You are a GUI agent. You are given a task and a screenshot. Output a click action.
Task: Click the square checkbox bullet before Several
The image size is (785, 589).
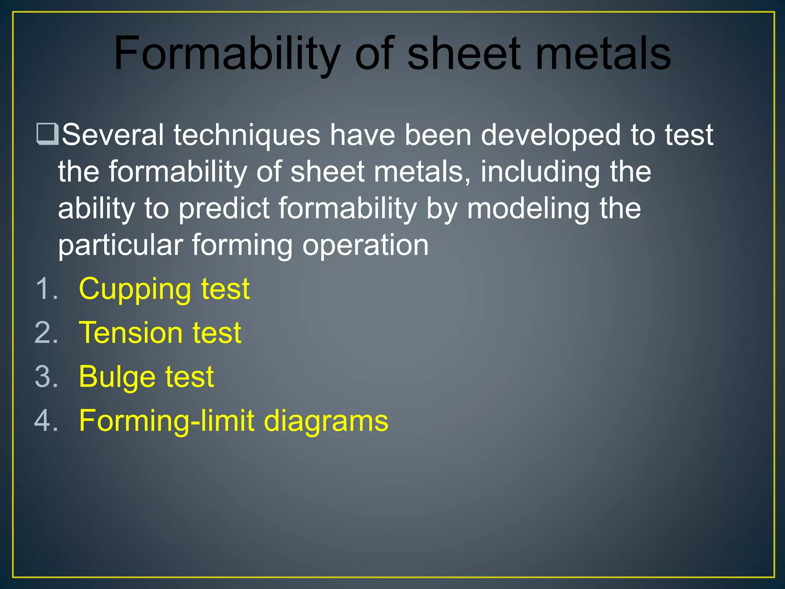pos(47,134)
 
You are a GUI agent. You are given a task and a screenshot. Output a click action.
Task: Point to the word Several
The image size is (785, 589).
pos(113,135)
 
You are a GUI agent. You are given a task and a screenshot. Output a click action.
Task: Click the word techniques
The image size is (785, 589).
pos(247,135)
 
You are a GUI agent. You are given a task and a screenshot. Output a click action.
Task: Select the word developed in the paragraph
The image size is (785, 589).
pos(550,135)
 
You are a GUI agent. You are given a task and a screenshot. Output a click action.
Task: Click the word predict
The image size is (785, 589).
pos(224,209)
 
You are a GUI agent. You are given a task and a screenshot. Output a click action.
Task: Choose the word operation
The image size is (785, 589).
pos(365,245)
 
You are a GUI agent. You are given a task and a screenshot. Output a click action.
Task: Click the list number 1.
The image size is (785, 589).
pos(46,289)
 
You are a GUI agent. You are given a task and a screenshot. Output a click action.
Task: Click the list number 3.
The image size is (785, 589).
pos(46,377)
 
